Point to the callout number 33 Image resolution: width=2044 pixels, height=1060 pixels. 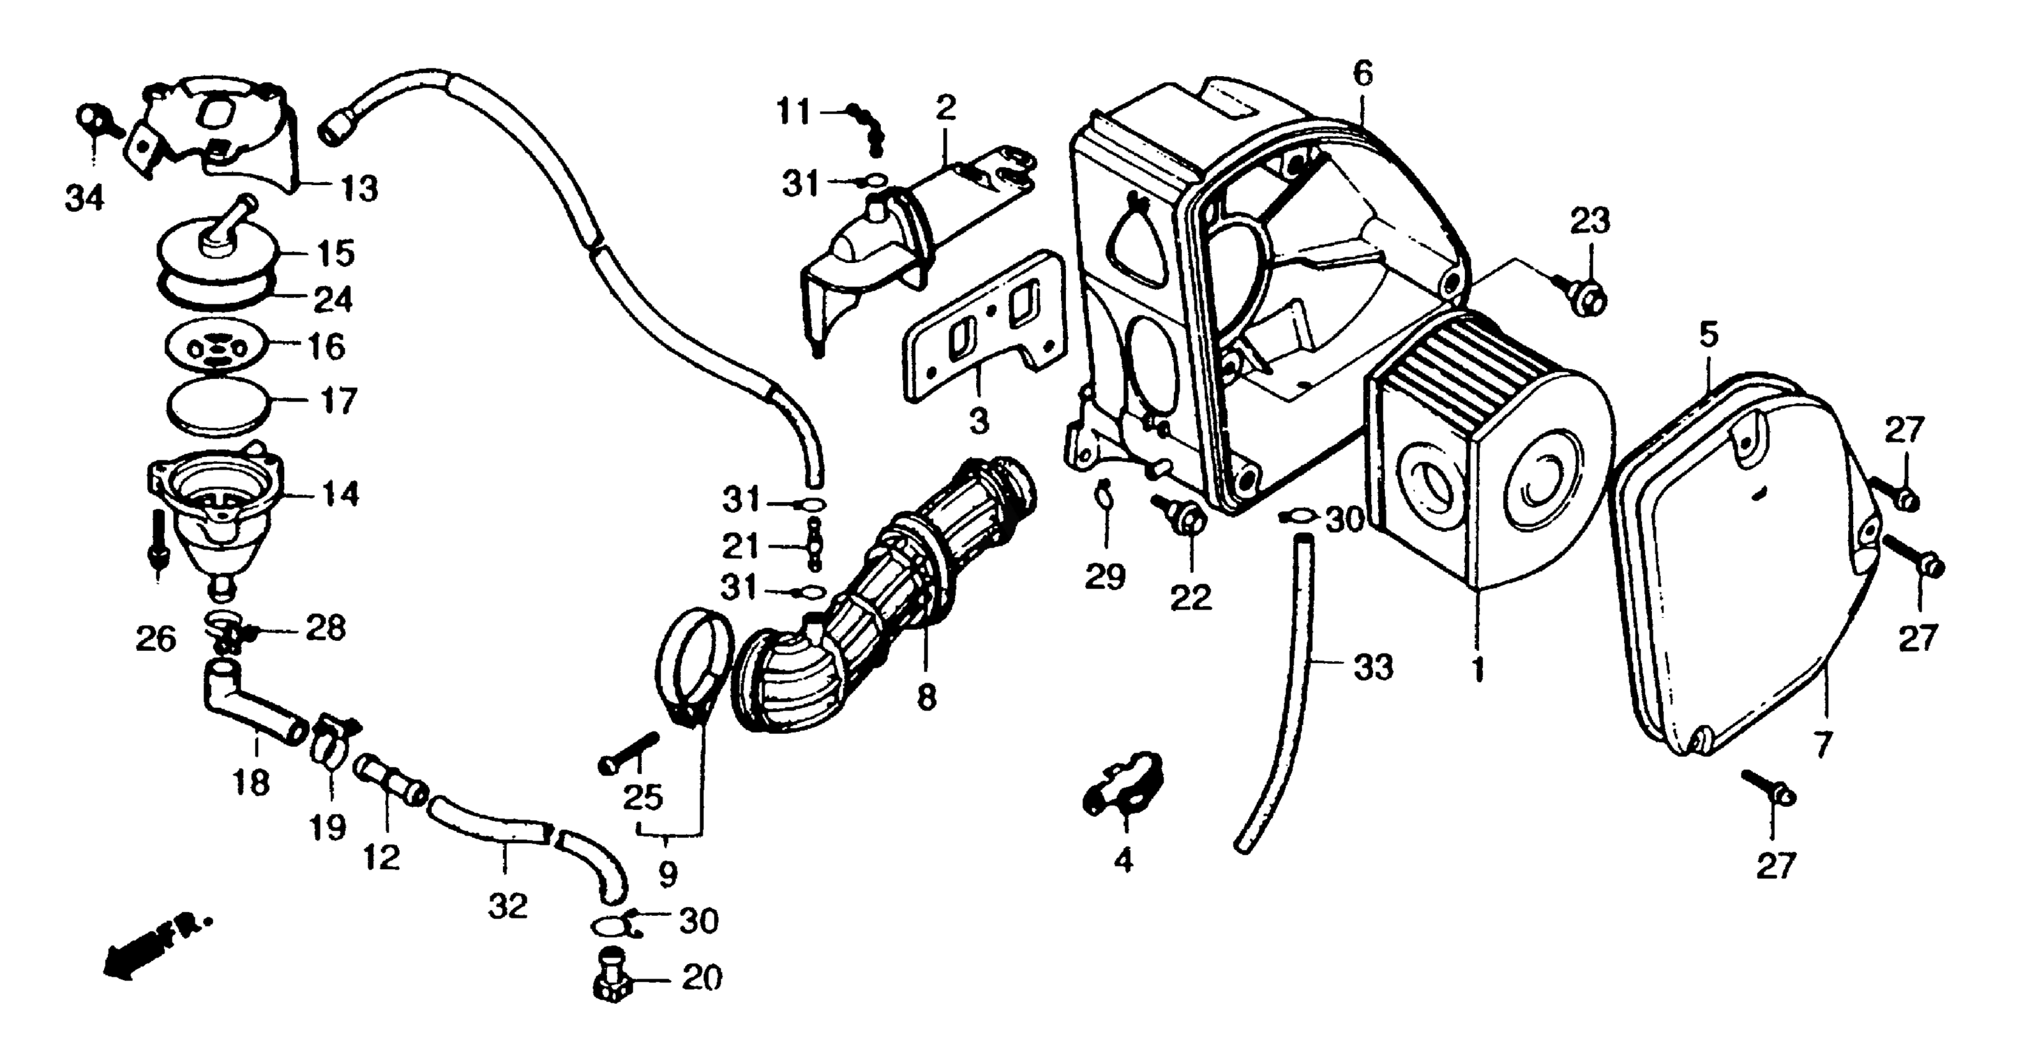[1373, 667]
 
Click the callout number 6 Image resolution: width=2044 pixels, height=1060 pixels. [1361, 74]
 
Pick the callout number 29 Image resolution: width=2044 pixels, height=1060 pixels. [1105, 577]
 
